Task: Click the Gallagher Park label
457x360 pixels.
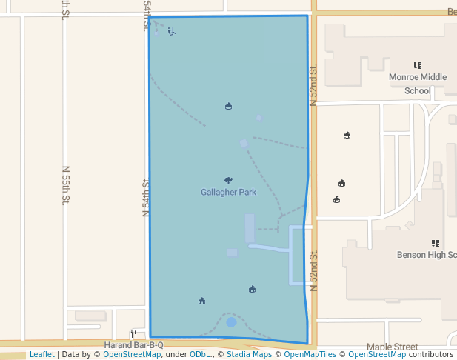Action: pos(228,193)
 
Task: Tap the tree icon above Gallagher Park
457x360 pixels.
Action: pos(228,180)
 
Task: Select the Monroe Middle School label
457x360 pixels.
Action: pos(418,77)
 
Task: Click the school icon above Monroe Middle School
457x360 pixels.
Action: pos(418,65)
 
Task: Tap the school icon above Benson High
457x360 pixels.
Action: pos(435,243)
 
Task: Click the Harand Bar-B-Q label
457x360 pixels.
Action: pos(133,345)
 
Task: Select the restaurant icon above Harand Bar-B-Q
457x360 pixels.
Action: pos(133,333)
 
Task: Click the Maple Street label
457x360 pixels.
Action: pos(392,347)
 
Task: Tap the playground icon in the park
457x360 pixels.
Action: pos(171,31)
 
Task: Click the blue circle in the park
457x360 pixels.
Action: pos(231,322)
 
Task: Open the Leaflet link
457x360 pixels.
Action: pos(41,355)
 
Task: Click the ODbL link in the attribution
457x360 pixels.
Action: pos(199,355)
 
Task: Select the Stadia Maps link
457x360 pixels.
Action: pos(248,355)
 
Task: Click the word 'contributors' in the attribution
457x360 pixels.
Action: pos(430,355)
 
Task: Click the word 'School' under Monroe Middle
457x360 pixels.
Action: pos(418,91)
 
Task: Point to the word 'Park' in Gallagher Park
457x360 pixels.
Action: pos(246,193)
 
